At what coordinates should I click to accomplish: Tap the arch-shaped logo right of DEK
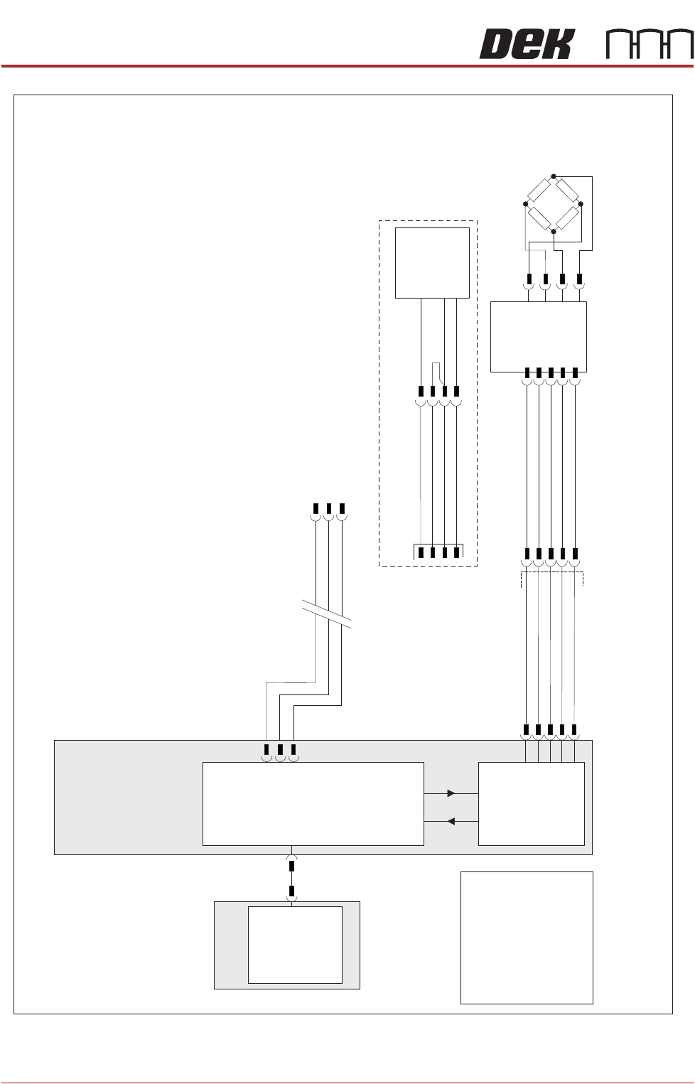point(649,45)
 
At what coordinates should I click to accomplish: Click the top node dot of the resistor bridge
point(554,176)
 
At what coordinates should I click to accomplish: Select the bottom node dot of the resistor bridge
point(554,231)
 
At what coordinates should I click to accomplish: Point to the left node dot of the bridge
point(526,204)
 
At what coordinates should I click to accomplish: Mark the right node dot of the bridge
point(581,204)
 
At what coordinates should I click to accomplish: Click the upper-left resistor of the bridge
point(539,190)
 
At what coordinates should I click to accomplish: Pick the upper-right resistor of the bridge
point(567,190)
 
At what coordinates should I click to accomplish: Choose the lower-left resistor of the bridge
point(539,218)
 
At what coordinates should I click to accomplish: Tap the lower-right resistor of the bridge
point(567,218)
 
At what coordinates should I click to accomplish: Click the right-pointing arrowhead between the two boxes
point(451,793)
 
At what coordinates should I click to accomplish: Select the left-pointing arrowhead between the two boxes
point(451,822)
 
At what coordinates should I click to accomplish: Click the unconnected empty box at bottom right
point(527,938)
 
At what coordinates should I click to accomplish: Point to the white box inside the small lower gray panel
point(295,945)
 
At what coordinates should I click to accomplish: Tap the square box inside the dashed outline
point(432,263)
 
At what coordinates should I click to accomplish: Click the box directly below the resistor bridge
point(539,336)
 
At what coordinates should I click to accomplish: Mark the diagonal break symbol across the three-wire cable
point(327,613)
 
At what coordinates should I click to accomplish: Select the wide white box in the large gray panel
point(313,804)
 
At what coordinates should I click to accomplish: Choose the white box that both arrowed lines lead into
point(532,804)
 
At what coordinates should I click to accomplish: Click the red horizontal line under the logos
point(347,66)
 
